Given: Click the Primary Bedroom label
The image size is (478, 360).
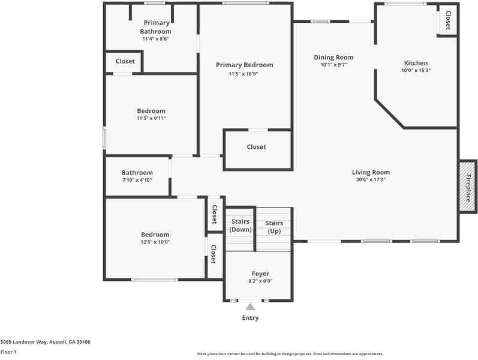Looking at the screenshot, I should pos(244,65).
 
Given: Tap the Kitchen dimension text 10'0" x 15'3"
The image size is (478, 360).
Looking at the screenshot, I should pos(416,70).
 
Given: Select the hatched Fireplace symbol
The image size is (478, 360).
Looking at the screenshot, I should pos(467,187).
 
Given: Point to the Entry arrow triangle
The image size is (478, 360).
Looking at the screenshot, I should pos(250,307).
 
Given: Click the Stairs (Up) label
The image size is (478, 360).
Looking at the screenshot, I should pos(274,227).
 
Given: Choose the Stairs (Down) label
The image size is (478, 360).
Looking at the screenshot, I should pos(240,226).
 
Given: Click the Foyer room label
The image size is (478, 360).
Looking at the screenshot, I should pos(260,274).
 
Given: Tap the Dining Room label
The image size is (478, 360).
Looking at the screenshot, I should pos(333,58).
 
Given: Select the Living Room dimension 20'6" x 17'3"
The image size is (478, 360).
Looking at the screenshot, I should pos(371,179).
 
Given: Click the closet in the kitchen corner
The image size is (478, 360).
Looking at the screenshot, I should pos(447,20).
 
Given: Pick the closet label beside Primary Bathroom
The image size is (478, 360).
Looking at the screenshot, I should pos(125,61).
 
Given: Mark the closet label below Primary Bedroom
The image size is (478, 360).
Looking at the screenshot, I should pos(256,147).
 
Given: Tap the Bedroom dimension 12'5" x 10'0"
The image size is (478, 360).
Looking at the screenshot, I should pos(155,242).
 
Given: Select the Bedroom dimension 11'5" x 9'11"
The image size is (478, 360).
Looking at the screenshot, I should pos(151,118).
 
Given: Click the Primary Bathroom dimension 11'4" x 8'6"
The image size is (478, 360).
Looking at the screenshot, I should pos(155,38).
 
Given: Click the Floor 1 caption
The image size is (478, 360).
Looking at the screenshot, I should pos(8,352).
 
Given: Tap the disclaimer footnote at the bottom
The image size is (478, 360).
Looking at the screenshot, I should pos(290,354).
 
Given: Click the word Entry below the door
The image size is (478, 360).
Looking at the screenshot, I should pos(250,318).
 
